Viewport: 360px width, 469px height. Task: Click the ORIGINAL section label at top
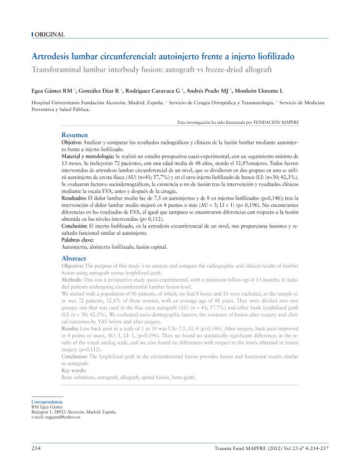(50, 35)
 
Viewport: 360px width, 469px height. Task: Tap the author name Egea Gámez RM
(53, 90)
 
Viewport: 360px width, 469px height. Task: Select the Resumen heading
(74, 135)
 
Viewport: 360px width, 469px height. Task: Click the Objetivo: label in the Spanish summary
(72, 143)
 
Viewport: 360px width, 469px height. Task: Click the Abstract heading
(74, 259)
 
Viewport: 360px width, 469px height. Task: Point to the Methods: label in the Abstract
(71, 280)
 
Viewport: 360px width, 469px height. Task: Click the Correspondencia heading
(47, 402)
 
